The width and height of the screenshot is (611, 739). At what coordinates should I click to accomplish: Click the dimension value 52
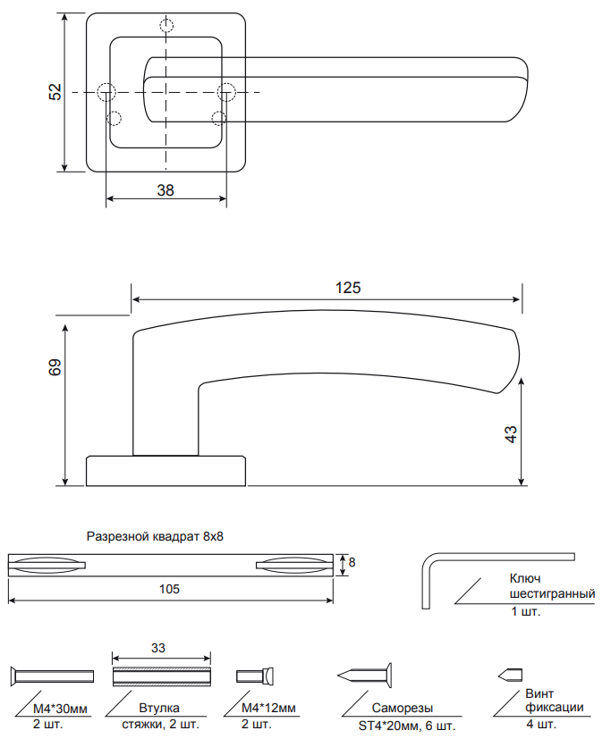click(55, 92)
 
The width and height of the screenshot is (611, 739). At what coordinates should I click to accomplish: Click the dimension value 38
click(165, 189)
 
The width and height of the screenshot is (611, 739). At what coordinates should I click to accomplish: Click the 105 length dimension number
click(169, 590)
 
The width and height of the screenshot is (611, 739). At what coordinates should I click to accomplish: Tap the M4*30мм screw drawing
click(52, 675)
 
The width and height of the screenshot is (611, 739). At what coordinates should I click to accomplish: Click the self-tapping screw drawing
click(367, 675)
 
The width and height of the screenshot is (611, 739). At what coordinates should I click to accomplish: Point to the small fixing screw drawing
click(510, 674)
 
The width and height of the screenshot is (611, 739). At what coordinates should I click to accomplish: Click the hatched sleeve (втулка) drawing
click(160, 675)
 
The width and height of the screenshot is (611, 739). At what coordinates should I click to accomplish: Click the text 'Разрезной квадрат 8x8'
click(154, 537)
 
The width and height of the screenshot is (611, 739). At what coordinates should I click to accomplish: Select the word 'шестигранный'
click(551, 594)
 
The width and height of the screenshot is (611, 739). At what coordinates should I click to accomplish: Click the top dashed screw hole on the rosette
click(166, 25)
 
